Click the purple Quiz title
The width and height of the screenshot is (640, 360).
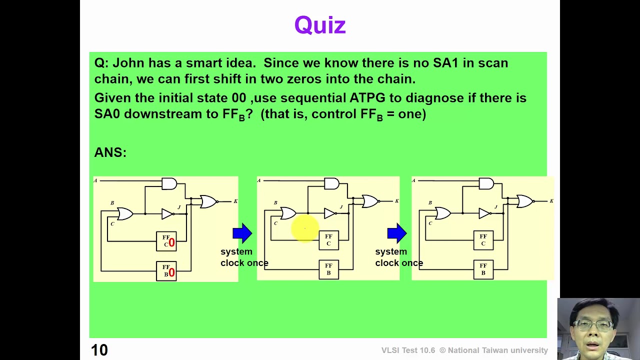320,25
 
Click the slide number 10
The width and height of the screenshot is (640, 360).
99,349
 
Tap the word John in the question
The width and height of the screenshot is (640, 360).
128,63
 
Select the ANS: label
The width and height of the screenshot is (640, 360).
110,152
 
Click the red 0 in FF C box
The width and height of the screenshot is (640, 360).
171,242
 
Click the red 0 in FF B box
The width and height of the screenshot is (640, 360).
171,272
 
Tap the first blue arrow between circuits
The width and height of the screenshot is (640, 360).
242,233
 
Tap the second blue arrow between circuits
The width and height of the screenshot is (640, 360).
397,233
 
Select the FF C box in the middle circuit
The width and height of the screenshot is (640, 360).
329,240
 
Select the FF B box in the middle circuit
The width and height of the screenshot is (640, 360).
329,269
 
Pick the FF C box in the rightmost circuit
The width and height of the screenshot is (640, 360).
483,240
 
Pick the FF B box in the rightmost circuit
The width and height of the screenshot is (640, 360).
483,269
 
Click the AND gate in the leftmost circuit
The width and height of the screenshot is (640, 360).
169,183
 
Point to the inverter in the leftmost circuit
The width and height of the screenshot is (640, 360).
167,213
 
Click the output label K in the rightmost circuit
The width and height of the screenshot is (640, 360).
551,201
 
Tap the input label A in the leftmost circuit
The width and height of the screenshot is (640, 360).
95,180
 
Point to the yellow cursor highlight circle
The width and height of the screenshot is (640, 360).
305,228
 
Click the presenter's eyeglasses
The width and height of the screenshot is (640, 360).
593,325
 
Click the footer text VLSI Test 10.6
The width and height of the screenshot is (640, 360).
408,350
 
